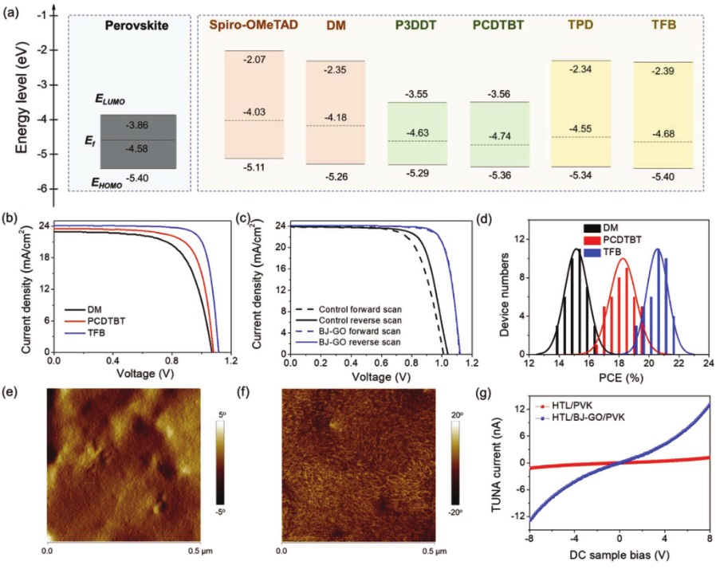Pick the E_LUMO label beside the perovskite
(x=110, y=100)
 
